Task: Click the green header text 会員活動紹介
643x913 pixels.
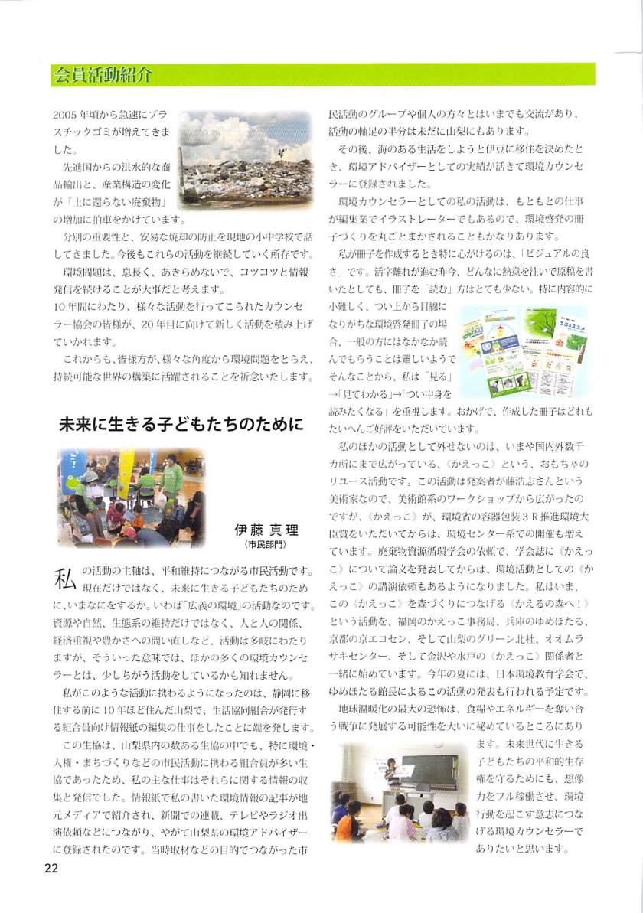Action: coord(103,75)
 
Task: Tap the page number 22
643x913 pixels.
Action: coord(51,867)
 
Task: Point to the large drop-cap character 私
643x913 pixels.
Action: coord(65,578)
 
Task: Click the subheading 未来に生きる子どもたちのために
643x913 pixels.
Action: coord(181,426)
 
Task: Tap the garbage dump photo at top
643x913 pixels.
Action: coord(246,160)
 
